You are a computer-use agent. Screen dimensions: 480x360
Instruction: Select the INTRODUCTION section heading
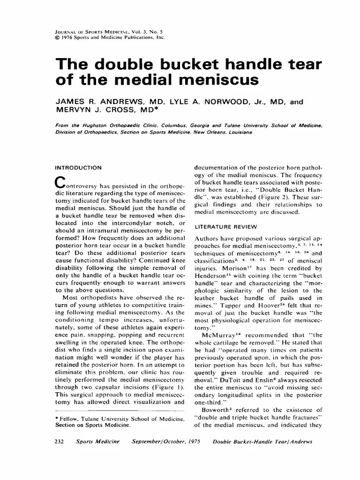(78, 167)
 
